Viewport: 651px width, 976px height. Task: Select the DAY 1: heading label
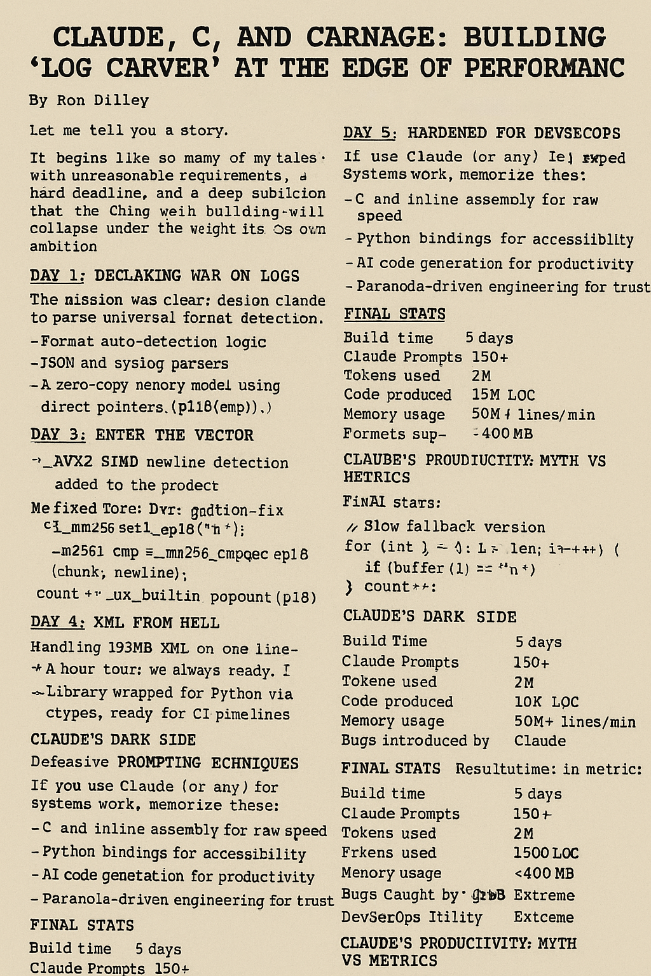57,276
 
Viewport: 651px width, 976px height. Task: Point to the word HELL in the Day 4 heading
199,623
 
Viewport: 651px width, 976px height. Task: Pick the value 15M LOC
504,395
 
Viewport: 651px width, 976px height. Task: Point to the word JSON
57,363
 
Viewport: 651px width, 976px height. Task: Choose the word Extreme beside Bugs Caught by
544,895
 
